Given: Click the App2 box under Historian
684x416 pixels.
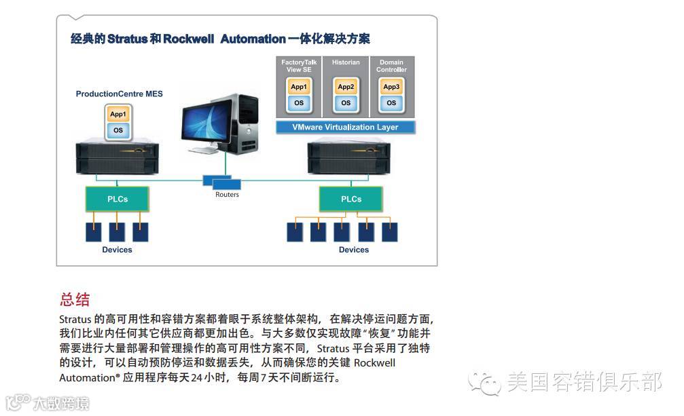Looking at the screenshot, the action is [346, 87].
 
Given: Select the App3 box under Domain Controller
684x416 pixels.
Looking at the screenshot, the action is [391, 87].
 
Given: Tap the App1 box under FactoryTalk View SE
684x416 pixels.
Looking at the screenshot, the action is [299, 87].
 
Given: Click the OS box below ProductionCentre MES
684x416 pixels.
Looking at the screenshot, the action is [118, 130].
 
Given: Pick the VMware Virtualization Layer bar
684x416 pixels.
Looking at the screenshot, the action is [345, 127].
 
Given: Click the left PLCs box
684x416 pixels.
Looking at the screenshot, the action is [117, 199].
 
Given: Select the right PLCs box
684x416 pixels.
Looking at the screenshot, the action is [350, 199].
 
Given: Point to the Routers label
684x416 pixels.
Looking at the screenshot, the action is [227, 195].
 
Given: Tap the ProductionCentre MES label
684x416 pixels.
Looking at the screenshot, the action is [119, 94].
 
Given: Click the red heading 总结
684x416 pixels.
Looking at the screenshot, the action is [75, 299].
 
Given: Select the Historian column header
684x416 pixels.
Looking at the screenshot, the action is [346, 62].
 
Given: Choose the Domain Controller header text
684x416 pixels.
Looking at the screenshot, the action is [391, 66].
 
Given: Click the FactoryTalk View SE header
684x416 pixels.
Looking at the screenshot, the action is [299, 66].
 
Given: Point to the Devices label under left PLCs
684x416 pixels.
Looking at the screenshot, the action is [117, 250].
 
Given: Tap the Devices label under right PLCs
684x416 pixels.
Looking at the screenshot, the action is [354, 250].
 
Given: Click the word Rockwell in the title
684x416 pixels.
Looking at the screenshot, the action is [189, 39].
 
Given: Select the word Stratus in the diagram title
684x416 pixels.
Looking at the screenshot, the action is [128, 39].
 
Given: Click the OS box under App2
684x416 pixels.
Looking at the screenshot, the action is [346, 103].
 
